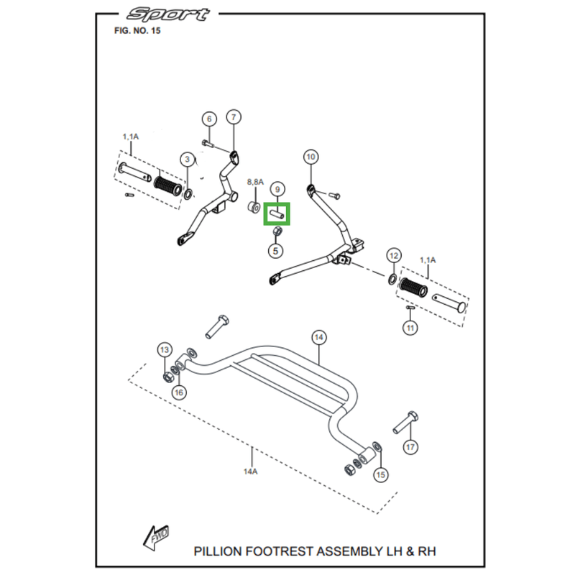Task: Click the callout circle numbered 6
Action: (209, 119)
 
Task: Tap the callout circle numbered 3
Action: (187, 160)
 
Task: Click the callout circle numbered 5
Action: (275, 251)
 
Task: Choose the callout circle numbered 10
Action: (310, 156)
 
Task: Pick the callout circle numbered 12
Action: (393, 255)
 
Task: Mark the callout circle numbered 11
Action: (410, 328)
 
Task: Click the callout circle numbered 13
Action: (165, 350)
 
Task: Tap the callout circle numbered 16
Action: (178, 392)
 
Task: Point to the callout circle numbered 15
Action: (380, 474)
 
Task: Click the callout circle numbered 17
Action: (410, 447)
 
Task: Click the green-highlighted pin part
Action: (277, 214)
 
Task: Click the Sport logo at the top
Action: (168, 14)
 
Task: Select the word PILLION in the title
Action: (218, 551)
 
